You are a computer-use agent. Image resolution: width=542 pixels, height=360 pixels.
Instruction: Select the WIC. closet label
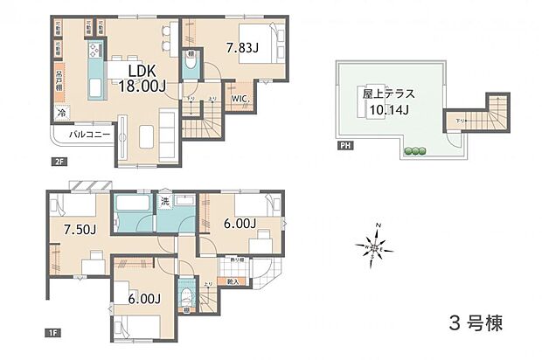242,99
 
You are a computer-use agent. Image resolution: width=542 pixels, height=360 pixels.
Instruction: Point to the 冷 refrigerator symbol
61,113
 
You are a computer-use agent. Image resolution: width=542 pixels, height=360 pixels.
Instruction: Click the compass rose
374,250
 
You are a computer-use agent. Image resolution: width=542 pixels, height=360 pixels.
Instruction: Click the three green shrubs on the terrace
414,152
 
